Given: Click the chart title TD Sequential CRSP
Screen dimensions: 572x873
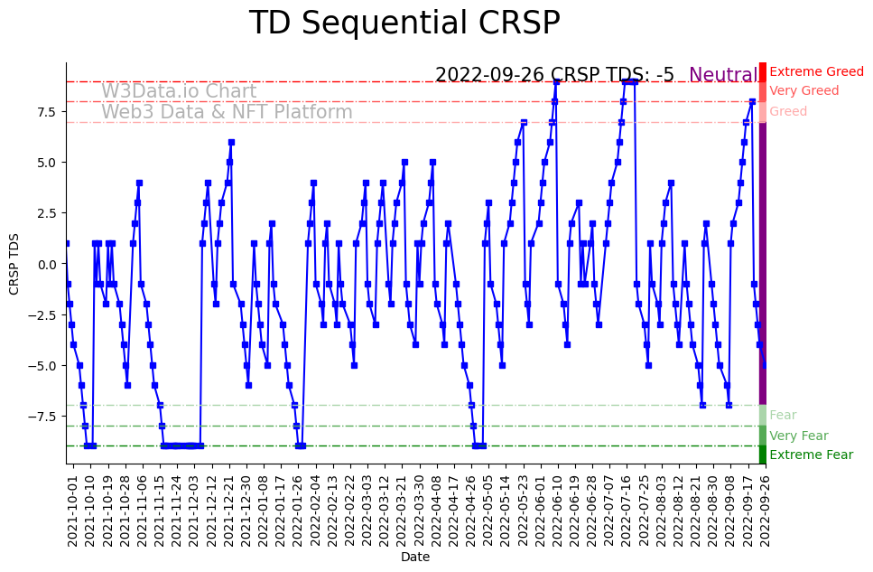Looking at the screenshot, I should (x=404, y=23).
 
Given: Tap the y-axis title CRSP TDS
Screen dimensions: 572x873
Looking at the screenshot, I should (x=14, y=263).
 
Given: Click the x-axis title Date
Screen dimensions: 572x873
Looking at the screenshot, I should (x=415, y=558).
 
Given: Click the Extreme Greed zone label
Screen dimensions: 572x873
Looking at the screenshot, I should (x=816, y=71).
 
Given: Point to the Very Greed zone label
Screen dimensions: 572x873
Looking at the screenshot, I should (x=803, y=91).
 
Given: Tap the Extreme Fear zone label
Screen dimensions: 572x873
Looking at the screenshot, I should (x=811, y=455).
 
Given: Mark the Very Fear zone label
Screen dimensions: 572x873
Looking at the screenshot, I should (x=798, y=436).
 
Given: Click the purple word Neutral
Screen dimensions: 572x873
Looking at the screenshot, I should (x=723, y=76).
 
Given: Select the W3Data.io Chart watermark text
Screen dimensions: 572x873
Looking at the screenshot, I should (x=179, y=91).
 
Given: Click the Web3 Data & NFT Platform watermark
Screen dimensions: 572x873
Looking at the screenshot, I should (x=227, y=113).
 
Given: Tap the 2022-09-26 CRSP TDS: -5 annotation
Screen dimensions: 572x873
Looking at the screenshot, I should (x=554, y=76).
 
